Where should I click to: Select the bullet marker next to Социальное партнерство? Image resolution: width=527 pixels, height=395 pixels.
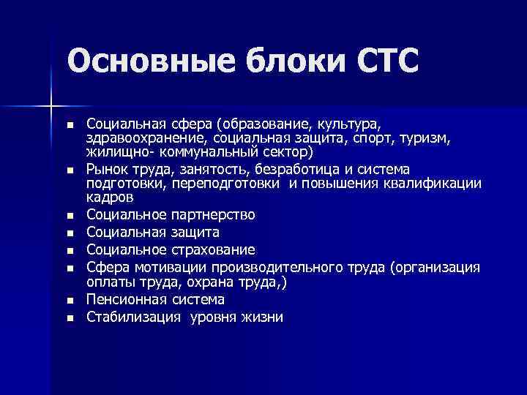pyautogui.click(x=70, y=217)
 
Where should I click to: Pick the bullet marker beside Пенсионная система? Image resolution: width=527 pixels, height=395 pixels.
pyautogui.click(x=70, y=301)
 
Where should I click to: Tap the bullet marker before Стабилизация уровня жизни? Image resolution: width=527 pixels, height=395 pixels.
pyautogui.click(x=70, y=318)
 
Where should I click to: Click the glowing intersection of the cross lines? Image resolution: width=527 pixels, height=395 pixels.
pyautogui.click(x=51, y=107)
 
